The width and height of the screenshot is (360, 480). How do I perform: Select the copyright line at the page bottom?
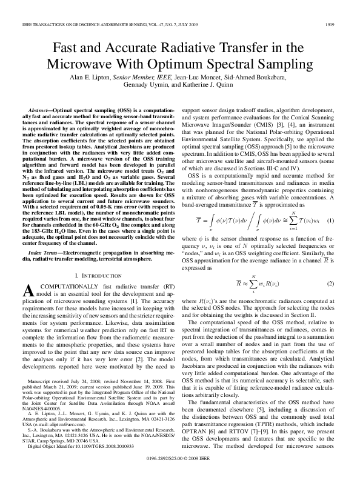pyautogui.click(x=179, y=468)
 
